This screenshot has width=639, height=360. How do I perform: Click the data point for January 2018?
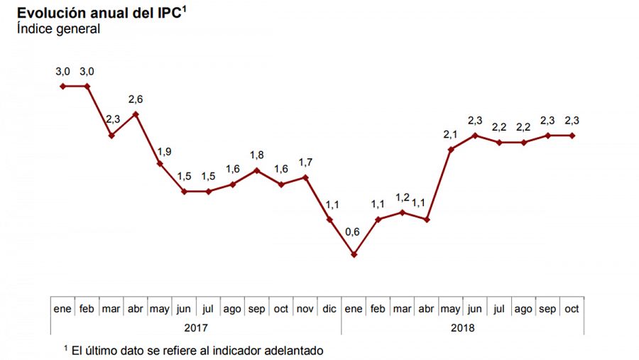(354, 254)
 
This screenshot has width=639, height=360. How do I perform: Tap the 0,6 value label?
(353, 232)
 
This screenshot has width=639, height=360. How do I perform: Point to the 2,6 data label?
(136, 99)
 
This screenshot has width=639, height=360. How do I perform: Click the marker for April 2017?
(136, 114)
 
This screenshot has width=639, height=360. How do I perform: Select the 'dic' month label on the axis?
(329, 309)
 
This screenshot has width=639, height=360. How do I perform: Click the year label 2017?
(196, 328)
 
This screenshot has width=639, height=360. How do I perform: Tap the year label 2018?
(462, 328)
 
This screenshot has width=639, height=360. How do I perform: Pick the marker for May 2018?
(451, 149)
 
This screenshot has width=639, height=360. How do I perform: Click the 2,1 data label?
(451, 134)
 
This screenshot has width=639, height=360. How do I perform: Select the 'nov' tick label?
(305, 309)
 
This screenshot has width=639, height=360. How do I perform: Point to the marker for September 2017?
(256, 170)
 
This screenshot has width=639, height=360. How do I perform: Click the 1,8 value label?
(256, 155)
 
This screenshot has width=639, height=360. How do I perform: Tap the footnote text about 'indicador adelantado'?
(193, 350)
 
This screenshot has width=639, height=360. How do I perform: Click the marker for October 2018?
(572, 135)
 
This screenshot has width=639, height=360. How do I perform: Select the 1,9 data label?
(163, 151)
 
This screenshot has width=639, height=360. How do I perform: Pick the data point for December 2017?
(329, 219)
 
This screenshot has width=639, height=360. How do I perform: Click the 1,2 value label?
(402, 197)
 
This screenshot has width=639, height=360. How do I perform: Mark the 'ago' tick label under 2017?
(231, 309)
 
